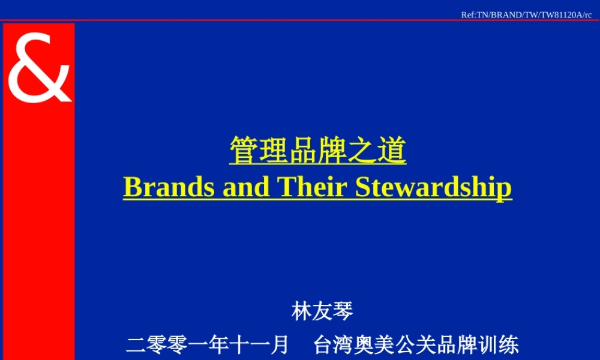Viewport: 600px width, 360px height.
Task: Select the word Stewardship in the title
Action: pos(433,187)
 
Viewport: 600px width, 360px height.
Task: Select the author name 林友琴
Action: pos(322,311)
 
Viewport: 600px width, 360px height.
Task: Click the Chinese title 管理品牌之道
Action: pos(318,151)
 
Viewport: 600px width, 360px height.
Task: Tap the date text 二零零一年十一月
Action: pos(208,345)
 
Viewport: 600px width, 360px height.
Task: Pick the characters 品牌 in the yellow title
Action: pos(318,151)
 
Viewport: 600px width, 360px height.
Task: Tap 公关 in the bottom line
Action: pos(416,345)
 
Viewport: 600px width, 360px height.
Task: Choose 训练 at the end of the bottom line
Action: pos(498,345)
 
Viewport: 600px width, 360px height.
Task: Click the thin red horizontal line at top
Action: pos(300,20)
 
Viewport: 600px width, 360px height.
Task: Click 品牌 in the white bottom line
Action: pos(457,345)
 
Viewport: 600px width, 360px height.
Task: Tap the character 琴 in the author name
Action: pos(343,311)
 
